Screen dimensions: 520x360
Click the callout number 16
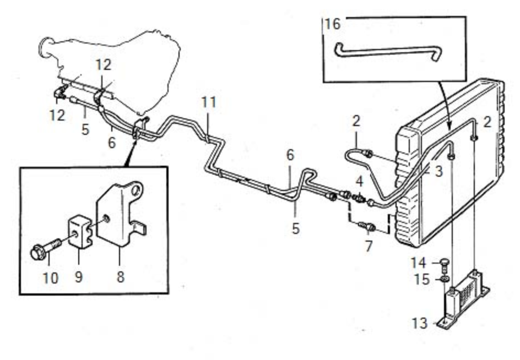click(333, 24)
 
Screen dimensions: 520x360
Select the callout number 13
click(420, 323)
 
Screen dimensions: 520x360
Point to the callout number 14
click(418, 263)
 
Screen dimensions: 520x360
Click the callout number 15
click(422, 280)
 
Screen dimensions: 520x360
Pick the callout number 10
click(51, 278)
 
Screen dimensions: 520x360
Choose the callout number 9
click(79, 276)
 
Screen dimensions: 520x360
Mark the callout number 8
click(121, 276)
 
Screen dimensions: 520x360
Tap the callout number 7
click(369, 246)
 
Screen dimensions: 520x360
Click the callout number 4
click(360, 181)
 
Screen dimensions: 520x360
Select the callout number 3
click(438, 171)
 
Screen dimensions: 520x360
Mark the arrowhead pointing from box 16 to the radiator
click(449, 126)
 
